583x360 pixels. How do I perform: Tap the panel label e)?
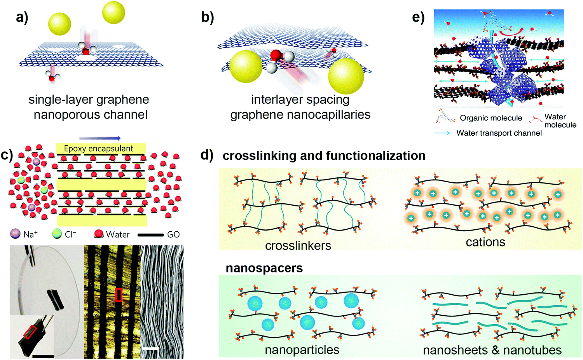pyautogui.click(x=418, y=17)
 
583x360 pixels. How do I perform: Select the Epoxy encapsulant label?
pyautogui.click(x=99, y=149)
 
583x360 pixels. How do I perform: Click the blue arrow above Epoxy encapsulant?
pyautogui.click(x=100, y=138)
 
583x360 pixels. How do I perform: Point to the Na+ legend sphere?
pyautogui.click(x=15, y=234)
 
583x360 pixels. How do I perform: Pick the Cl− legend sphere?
pyautogui.click(x=57, y=234)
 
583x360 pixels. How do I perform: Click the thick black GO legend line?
pyautogui.click(x=150, y=234)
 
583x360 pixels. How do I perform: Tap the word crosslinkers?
pyautogui.click(x=298, y=246)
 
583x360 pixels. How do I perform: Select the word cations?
pyautogui.click(x=485, y=242)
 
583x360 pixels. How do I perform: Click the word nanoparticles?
pyautogui.click(x=302, y=350)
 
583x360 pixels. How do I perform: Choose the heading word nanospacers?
pyautogui.click(x=264, y=268)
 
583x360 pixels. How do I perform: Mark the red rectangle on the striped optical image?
pyautogui.click(x=119, y=295)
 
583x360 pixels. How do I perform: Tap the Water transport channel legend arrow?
pyautogui.click(x=442, y=133)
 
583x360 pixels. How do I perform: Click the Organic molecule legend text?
pyautogui.click(x=491, y=118)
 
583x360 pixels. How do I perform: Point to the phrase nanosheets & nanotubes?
pyautogui.click(x=492, y=350)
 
